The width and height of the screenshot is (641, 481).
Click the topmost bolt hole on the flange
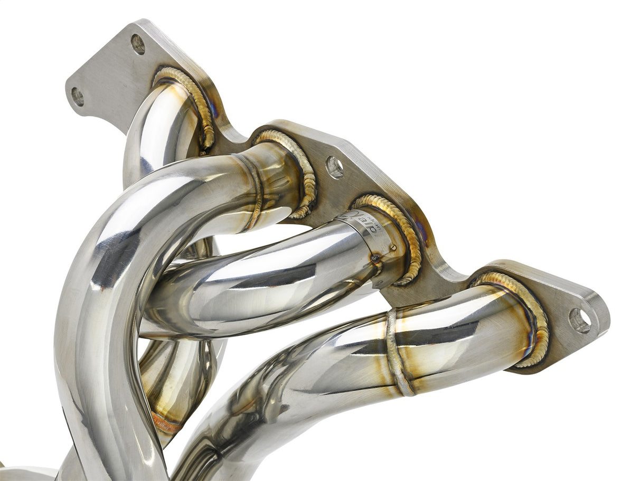[138, 44]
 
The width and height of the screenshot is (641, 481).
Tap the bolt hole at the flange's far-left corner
[78, 96]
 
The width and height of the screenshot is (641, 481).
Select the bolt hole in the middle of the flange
[335, 167]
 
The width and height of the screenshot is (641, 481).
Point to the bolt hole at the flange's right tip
[580, 320]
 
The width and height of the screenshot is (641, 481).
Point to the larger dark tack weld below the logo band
[376, 258]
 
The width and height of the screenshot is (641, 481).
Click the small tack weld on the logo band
[393, 247]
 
